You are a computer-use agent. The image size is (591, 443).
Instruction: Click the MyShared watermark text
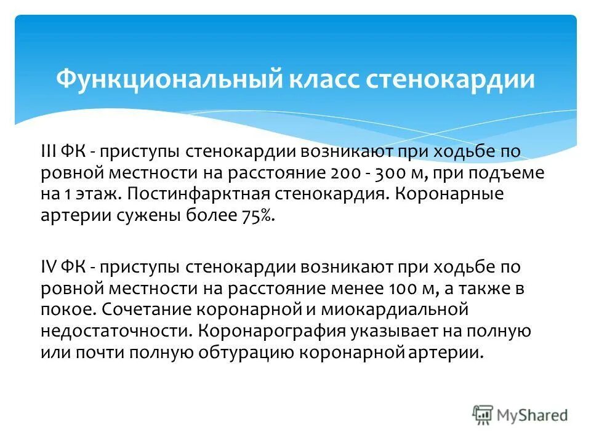click(x=533, y=415)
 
